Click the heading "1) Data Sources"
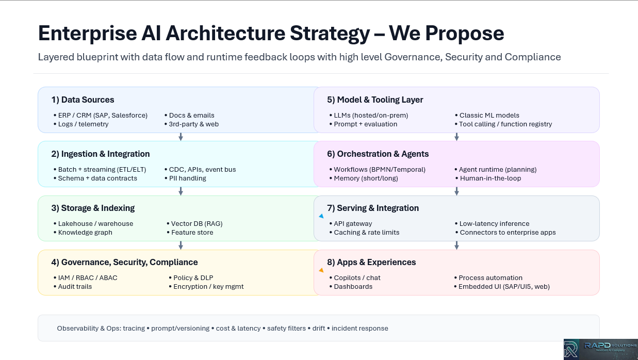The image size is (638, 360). pos(83,100)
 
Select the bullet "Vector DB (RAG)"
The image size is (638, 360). pos(197,223)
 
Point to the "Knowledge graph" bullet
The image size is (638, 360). pos(85,232)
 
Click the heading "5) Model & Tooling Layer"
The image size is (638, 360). pos(375,100)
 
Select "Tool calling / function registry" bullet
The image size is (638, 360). pos(505,124)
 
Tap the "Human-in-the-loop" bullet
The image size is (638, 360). pos(490,178)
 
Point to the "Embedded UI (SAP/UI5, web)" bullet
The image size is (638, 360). pos(504,286)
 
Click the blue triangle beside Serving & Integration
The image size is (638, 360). pos(321,216)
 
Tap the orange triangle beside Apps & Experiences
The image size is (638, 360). pos(321,270)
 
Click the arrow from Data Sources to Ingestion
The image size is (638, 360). pos(181,137)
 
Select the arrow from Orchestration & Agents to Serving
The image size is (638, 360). pos(456,191)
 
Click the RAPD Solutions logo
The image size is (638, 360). pos(600,349)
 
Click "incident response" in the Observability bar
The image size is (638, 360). pos(359,328)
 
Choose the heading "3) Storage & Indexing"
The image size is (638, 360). pos(93,208)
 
